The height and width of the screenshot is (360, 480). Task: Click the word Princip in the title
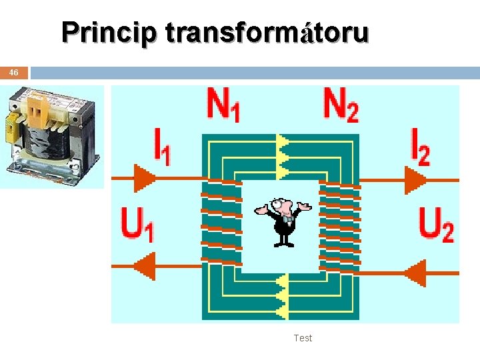click(x=109, y=32)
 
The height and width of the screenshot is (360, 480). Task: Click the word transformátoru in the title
click(x=267, y=32)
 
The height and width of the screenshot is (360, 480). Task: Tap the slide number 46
click(x=14, y=73)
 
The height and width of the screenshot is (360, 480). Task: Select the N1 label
click(x=223, y=105)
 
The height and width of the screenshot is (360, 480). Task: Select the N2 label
click(x=340, y=105)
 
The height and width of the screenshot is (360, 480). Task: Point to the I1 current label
click(x=161, y=146)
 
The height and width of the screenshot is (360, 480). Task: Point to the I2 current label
click(x=420, y=146)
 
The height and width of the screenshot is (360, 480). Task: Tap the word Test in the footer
click(x=303, y=338)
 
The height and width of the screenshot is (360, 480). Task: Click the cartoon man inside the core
click(x=283, y=220)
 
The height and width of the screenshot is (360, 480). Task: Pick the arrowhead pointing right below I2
click(x=415, y=179)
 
